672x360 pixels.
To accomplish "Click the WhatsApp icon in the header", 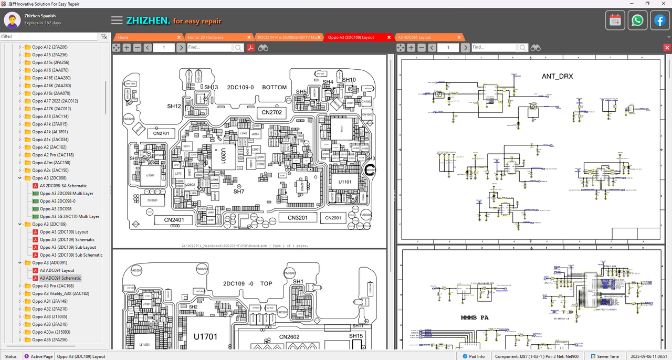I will [x=637, y=20].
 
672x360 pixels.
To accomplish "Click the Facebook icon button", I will [x=659, y=20].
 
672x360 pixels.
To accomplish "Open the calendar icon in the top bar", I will [x=615, y=20].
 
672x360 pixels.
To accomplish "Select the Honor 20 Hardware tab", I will [x=205, y=37].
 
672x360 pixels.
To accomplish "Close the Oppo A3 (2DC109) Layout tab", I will [x=389, y=37].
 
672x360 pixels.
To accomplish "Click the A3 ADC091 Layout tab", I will [x=414, y=37].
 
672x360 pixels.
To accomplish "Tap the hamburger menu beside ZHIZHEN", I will [x=117, y=20].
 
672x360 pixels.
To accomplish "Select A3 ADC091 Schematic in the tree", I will [x=60, y=278].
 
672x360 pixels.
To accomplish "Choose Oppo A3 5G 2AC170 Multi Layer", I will [x=69, y=216].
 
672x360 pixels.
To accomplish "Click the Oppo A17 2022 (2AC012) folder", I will [x=55, y=101].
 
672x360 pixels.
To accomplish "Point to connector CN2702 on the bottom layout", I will [x=271, y=112].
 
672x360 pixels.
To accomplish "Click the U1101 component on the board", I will [x=344, y=182].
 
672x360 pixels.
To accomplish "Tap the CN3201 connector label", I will [x=301, y=217].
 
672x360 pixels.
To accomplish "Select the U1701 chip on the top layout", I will [x=205, y=337].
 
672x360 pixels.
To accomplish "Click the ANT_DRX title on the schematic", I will [x=557, y=76].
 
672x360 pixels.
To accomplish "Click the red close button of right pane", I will [x=667, y=48].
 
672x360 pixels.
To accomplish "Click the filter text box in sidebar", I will [x=49, y=36].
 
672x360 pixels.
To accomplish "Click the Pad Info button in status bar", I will [x=473, y=356].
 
